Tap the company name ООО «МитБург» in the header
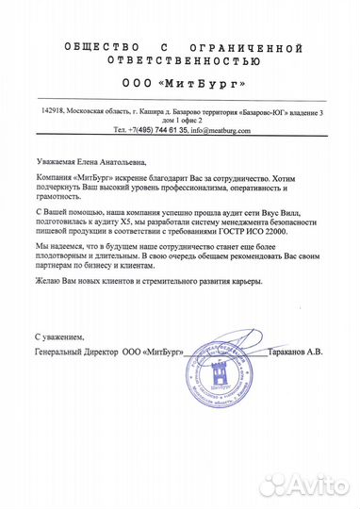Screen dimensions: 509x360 click(181, 82)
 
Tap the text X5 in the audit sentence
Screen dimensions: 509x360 click(143, 227)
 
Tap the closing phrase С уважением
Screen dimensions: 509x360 click(58, 336)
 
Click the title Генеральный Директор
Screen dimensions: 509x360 click(75, 350)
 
